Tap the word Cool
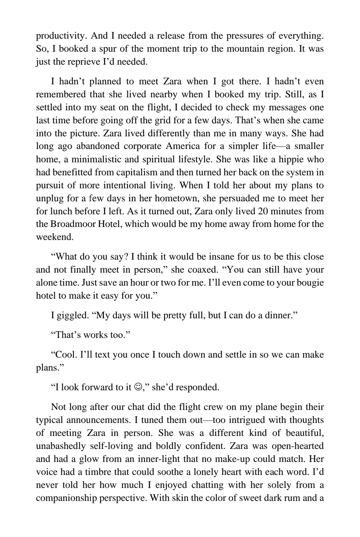[66, 354]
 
